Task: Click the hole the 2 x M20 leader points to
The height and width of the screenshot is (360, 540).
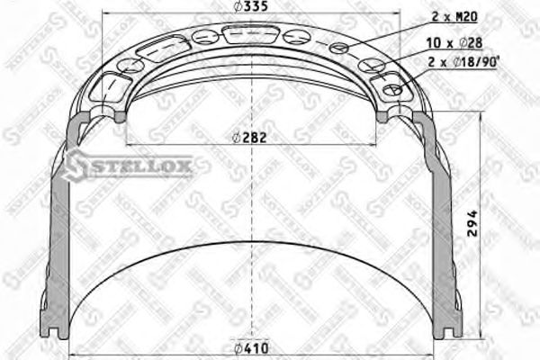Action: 339,49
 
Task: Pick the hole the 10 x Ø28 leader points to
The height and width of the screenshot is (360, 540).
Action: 368,66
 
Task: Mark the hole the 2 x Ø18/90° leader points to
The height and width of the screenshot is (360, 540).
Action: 392,89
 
